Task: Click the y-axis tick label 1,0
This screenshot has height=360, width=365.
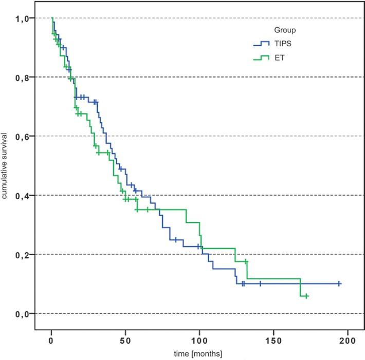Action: pos(20,18)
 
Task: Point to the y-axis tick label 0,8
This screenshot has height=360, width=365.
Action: pos(20,77)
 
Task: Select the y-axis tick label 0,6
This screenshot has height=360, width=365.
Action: pos(20,136)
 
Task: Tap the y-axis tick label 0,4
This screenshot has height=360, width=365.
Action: pos(20,195)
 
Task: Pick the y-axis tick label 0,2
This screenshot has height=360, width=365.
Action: pos(20,254)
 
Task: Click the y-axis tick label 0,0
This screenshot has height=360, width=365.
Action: pos(20,313)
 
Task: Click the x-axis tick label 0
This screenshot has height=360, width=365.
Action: pos(51,341)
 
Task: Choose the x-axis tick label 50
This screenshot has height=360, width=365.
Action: pos(125,341)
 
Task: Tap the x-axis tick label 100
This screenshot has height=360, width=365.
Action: pos(199,341)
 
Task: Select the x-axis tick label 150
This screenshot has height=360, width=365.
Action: pos(273,341)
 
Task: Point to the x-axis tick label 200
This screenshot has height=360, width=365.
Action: pos(348,341)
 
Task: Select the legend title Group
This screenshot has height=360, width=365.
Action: pos(284,30)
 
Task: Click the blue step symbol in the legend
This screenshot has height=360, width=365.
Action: pos(262,44)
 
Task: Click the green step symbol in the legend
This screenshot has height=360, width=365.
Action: pos(262,58)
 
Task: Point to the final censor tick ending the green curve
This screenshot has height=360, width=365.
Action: pos(306,296)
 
